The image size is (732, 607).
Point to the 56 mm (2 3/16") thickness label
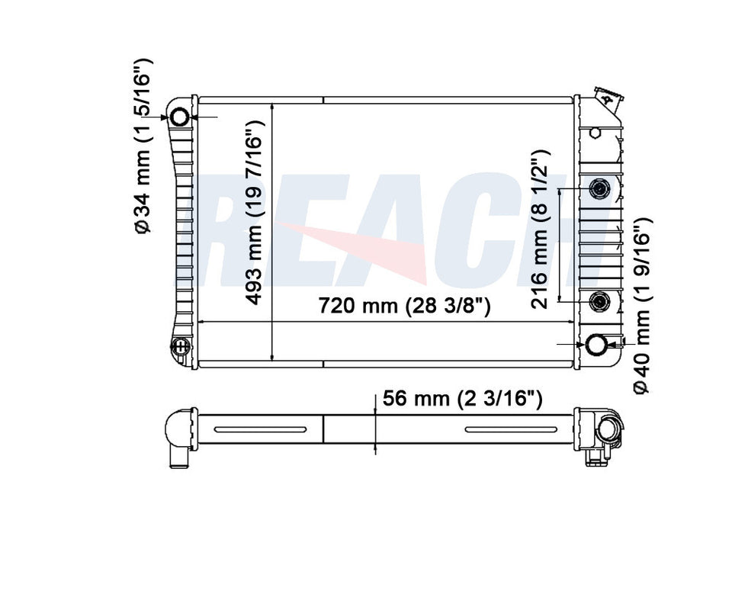click(462, 399)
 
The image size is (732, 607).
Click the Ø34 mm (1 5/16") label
click(144, 145)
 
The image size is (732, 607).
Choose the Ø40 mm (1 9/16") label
click(641, 305)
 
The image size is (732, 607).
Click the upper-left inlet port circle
click(180, 117)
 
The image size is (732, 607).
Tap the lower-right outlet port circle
click(596, 345)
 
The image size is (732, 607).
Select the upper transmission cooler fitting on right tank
click(600, 188)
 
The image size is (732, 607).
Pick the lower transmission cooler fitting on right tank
click(600, 302)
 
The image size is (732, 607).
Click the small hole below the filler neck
click(596, 133)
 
